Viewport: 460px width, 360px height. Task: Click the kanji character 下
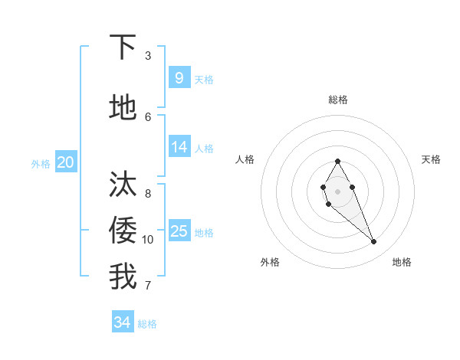click(123, 47)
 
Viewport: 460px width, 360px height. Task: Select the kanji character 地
click(123, 108)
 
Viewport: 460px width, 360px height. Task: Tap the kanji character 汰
click(123, 185)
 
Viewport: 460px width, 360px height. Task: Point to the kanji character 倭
click(123, 230)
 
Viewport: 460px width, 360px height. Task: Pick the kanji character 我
click(123, 277)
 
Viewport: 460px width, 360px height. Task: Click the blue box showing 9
click(179, 77)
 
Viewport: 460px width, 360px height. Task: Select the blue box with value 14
click(179, 146)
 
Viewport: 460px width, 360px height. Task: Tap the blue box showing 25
click(179, 231)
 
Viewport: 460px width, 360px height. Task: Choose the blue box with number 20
click(66, 162)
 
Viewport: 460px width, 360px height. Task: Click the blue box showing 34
click(123, 322)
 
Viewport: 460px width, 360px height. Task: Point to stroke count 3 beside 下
click(148, 56)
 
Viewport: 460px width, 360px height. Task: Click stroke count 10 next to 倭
click(148, 240)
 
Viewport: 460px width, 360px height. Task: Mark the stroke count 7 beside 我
click(148, 286)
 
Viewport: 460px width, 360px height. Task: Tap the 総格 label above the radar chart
click(337, 100)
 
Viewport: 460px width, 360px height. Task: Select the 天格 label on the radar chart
click(431, 159)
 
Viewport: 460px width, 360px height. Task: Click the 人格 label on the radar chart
click(245, 159)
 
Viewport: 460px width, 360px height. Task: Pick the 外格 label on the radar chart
click(270, 262)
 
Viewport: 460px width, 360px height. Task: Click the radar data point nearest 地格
click(374, 242)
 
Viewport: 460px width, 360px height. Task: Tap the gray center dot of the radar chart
click(337, 191)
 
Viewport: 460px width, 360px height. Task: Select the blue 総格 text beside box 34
click(147, 324)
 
